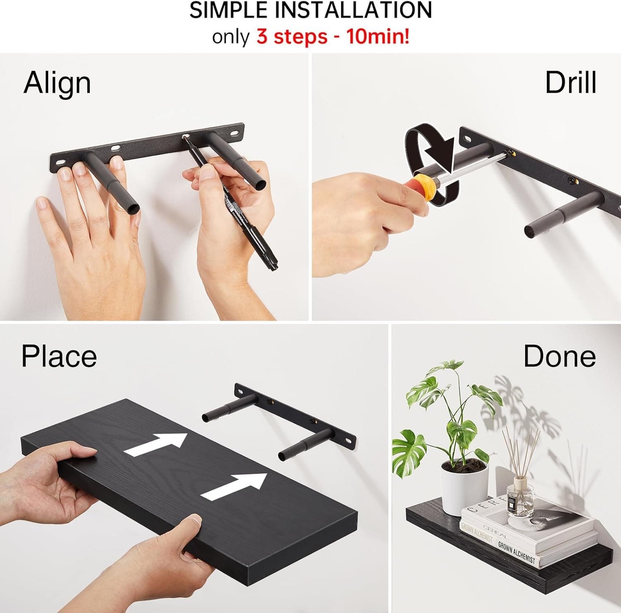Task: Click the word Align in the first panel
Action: point(57,83)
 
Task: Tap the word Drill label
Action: point(570,82)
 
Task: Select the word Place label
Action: point(59,356)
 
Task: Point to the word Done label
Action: point(559,356)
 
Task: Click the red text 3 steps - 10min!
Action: point(333,37)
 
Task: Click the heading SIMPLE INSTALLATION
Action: point(310,10)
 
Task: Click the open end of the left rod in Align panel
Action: point(133,207)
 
